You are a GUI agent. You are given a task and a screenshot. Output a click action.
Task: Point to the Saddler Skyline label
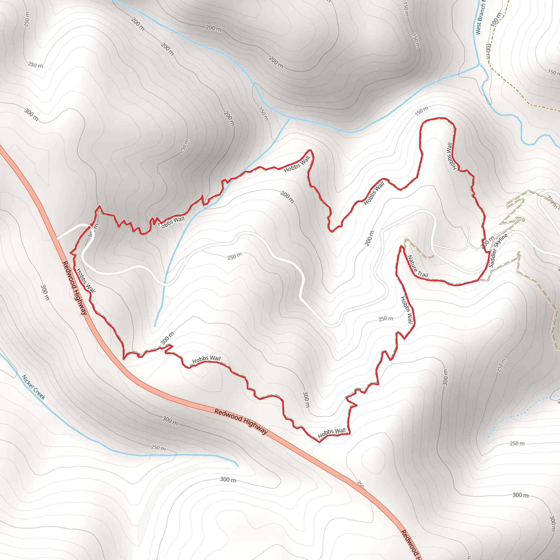point(498,250)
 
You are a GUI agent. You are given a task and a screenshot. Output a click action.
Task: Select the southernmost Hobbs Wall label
point(332,433)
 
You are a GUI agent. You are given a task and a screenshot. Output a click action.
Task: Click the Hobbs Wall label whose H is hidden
point(172,222)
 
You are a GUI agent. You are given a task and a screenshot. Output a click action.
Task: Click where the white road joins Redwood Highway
point(57,239)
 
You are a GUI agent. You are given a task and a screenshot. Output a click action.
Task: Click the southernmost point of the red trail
point(319,442)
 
